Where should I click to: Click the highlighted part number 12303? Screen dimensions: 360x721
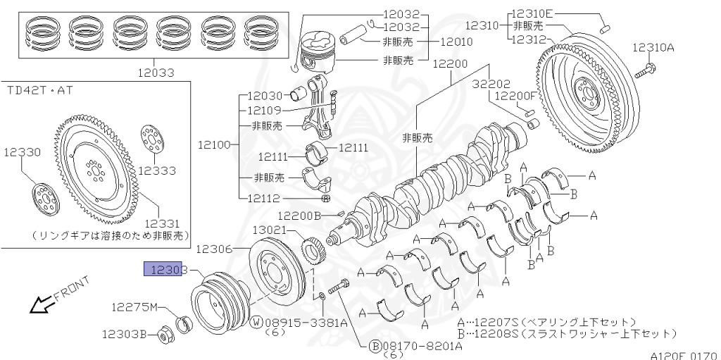click(x=165, y=269)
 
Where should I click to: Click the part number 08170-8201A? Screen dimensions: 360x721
click(x=422, y=345)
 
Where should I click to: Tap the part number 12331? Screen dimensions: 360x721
click(x=168, y=223)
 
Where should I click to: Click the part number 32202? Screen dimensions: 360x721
click(x=491, y=82)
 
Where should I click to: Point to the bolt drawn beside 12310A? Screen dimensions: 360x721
click(x=646, y=70)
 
